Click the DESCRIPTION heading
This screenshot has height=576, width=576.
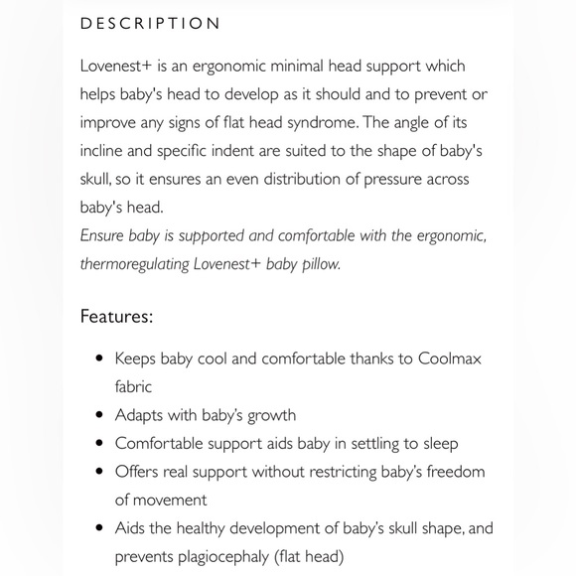click(150, 23)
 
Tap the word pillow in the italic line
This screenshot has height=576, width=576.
click(317, 265)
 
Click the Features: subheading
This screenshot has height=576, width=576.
click(116, 317)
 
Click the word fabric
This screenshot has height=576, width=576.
click(133, 386)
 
